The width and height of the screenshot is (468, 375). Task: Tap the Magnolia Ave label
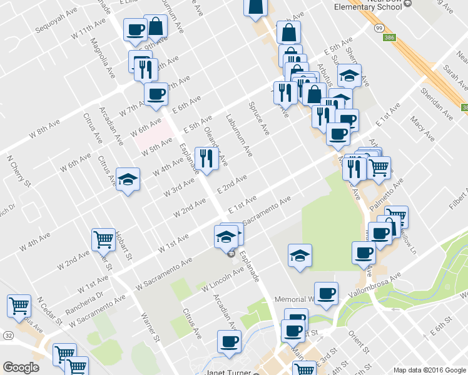[100, 54]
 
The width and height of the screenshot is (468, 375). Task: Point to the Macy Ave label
[422, 127]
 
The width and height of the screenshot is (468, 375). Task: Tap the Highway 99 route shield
[379, 28]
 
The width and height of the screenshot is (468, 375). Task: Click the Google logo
[21, 367]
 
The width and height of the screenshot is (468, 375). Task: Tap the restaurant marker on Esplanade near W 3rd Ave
[206, 158]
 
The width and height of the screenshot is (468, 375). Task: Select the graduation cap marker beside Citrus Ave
[128, 180]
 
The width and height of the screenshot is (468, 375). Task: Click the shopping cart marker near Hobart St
[103, 239]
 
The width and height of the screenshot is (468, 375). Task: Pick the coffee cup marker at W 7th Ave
[156, 94]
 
